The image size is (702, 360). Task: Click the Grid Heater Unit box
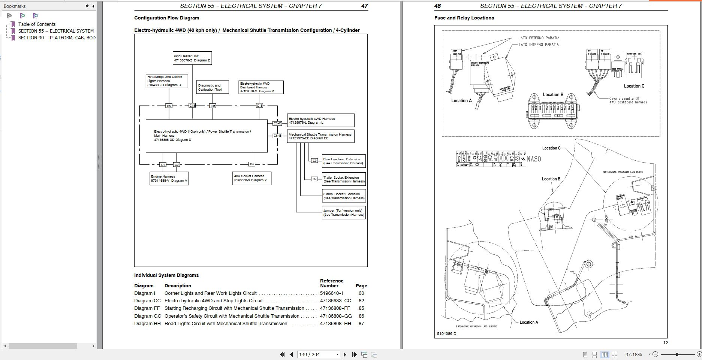coord(192,58)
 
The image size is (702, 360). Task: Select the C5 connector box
coord(169,106)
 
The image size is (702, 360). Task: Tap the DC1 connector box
coord(212,106)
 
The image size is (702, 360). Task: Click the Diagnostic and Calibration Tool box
coord(213,87)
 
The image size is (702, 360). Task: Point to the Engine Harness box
coord(169,178)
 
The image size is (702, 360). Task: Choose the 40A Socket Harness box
coord(251,178)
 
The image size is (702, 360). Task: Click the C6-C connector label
coord(277,123)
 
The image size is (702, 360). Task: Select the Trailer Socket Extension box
coord(344,179)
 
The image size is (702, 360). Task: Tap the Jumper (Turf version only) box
coord(344,212)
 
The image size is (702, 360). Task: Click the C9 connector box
coord(314,161)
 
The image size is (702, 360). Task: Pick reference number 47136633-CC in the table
coord(335,301)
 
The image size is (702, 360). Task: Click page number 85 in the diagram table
coord(361,308)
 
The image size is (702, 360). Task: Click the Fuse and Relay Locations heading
coord(464,18)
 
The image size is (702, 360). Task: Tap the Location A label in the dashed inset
coord(461,101)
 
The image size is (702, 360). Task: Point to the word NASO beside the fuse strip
coord(534,159)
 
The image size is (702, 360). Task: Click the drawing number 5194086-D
coord(447,333)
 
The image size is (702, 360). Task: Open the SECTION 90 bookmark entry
coord(57,37)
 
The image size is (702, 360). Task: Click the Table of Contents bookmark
coord(37,24)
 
